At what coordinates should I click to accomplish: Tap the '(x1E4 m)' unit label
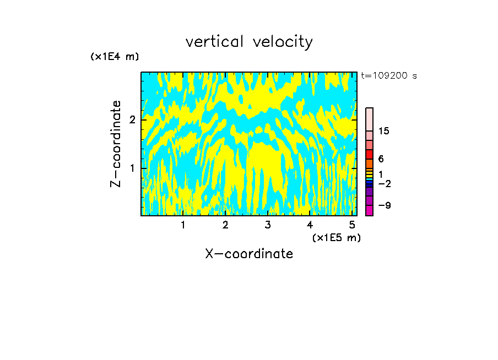115,57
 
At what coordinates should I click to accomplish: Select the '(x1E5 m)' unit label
336,237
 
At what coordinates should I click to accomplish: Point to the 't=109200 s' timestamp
388,75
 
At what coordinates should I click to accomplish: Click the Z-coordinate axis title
116,144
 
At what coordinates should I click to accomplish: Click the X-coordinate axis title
249,254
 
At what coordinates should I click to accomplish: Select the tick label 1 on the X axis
183,225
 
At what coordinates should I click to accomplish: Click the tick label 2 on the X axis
225,225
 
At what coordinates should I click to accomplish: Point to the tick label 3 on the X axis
268,225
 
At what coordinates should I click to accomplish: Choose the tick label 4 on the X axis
310,225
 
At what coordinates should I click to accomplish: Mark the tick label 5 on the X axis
352,225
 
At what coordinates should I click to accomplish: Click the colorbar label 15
384,131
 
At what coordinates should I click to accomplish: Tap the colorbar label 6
381,159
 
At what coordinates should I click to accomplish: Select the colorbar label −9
384,205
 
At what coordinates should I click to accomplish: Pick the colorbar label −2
384,183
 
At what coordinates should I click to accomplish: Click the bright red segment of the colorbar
369,154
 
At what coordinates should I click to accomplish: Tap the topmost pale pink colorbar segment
369,119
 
